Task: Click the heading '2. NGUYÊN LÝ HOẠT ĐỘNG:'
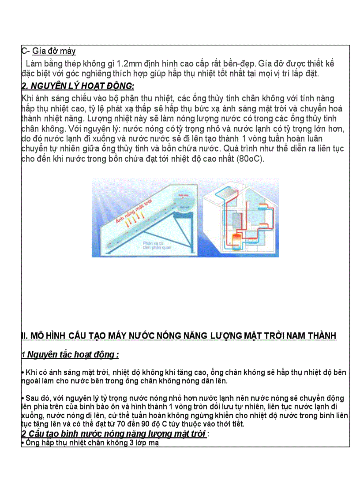[x=78, y=86]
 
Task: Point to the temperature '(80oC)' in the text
[x=251, y=159]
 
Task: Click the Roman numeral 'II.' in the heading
[x=25, y=336]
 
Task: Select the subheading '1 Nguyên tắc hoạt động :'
[x=70, y=354]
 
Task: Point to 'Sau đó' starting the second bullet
[x=38, y=398]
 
